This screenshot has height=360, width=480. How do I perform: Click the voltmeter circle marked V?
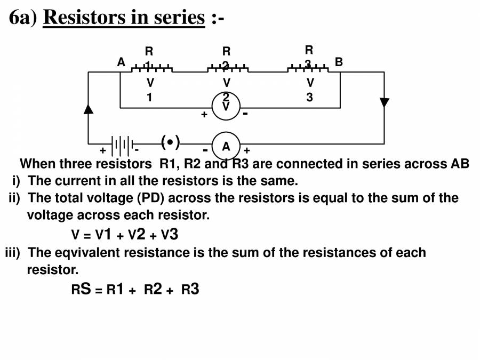226,106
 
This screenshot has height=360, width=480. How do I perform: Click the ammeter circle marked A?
226,146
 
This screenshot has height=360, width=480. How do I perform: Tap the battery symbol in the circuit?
122,145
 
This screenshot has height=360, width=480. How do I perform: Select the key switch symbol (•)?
170,142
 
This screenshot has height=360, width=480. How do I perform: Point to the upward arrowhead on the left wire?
89,108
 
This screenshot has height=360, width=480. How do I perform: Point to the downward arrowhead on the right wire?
384,103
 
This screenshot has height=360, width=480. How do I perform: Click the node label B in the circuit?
339,62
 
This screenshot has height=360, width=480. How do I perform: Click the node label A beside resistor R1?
121,62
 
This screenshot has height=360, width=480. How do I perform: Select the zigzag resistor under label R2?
228,69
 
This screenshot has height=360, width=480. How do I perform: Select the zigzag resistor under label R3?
308,69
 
